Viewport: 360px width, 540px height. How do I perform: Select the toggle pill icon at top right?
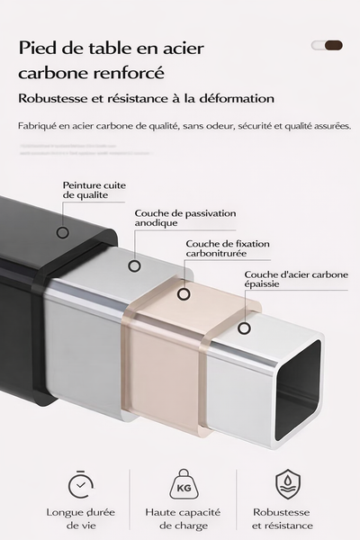(327, 45)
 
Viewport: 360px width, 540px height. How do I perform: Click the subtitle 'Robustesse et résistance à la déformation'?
(147, 99)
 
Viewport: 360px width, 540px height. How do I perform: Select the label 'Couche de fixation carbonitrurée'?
(227, 248)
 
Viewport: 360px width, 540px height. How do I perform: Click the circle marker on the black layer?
(63, 232)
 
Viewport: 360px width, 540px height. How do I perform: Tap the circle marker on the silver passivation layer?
(134, 265)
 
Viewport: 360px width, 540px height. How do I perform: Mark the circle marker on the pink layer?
(184, 293)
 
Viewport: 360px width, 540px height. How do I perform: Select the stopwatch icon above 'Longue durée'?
(82, 485)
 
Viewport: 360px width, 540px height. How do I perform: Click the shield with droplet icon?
(287, 484)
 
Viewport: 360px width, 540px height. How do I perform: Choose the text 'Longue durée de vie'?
(82, 519)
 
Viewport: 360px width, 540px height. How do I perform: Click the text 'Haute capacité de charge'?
(184, 519)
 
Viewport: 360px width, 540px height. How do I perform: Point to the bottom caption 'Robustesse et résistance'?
(283, 519)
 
